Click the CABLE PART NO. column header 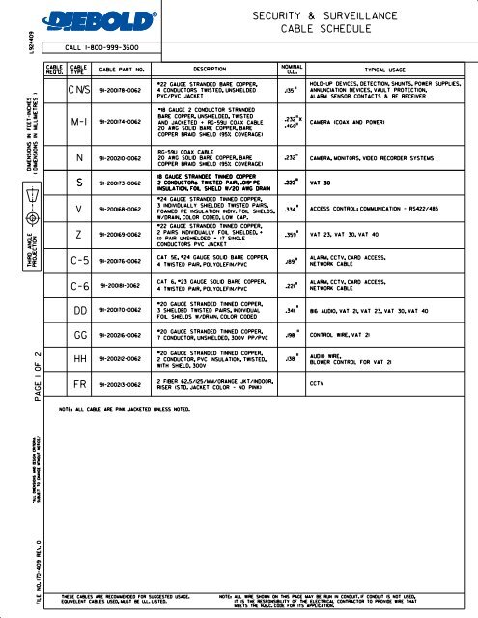tap(124, 70)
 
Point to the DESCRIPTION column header tap(203, 70)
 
